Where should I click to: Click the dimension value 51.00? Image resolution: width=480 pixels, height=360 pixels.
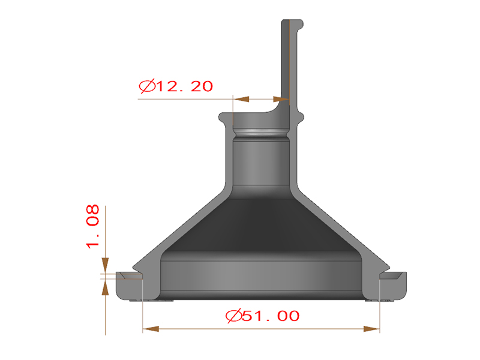click(x=271, y=316)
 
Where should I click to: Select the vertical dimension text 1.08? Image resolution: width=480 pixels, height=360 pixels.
click(x=94, y=228)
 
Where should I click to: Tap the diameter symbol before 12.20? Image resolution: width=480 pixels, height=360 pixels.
click(x=146, y=86)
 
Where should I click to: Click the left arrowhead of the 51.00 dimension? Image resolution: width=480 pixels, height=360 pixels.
click(x=150, y=329)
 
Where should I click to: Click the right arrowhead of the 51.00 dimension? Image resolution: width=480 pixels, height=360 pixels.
click(x=372, y=329)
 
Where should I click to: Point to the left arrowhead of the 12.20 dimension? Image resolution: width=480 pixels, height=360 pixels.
click(x=240, y=98)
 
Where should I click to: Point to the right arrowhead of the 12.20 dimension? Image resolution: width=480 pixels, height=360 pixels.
click(x=281, y=98)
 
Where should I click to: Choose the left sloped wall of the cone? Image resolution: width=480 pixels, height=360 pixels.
click(x=180, y=224)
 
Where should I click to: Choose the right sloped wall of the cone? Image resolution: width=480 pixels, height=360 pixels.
click(x=342, y=224)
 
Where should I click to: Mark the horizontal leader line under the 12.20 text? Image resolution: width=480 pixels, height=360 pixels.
click(x=186, y=98)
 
